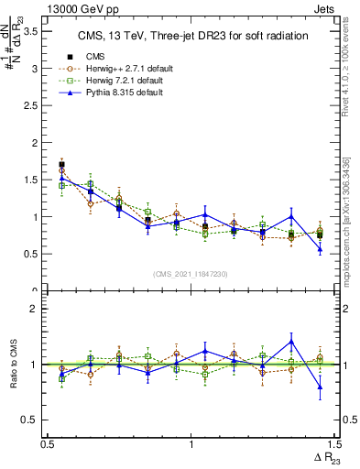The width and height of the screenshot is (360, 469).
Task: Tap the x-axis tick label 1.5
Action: [x=333, y=444]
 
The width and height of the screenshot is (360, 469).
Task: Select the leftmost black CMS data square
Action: [x=61, y=165]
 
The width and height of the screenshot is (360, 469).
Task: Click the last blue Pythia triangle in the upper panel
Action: [x=320, y=249]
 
